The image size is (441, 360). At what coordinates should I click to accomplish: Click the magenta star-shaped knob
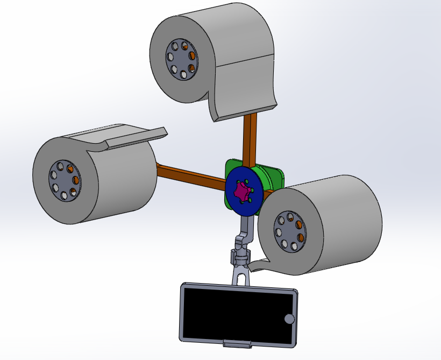click(243, 191)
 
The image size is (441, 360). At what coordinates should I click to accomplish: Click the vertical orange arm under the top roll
click(250, 137)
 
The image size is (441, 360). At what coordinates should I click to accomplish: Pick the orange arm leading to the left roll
click(188, 177)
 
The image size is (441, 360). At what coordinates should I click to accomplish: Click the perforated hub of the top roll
click(181, 59)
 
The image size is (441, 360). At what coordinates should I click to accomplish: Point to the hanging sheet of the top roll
click(245, 86)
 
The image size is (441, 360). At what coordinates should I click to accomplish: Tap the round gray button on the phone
click(289, 319)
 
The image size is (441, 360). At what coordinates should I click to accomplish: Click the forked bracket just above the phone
click(240, 274)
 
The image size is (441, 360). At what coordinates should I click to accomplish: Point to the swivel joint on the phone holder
click(240, 256)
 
